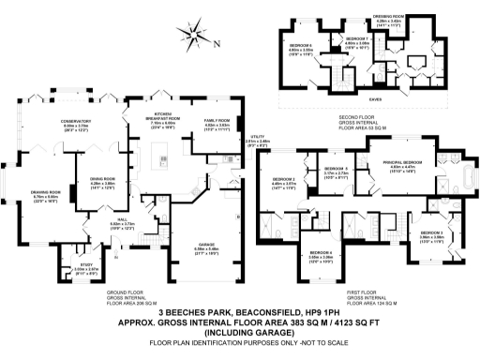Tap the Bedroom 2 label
(x=284, y=180)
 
